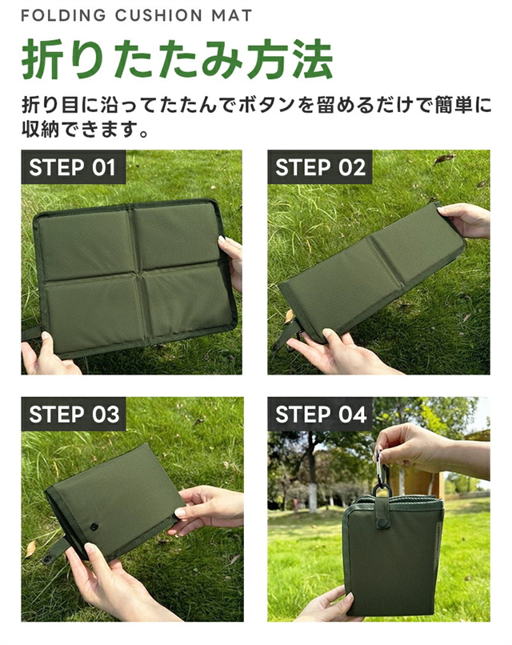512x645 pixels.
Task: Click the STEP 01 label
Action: [73, 167]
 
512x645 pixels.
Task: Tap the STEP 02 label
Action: [320, 167]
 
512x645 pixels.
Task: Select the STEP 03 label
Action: [74, 414]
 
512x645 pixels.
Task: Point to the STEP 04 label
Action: [320, 414]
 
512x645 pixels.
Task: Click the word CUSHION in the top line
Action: [158, 16]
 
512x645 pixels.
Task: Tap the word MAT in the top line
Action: [231, 16]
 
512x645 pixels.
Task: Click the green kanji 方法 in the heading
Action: [289, 59]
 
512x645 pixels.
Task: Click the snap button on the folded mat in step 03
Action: [94, 527]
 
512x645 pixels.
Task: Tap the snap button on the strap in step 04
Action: [384, 523]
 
